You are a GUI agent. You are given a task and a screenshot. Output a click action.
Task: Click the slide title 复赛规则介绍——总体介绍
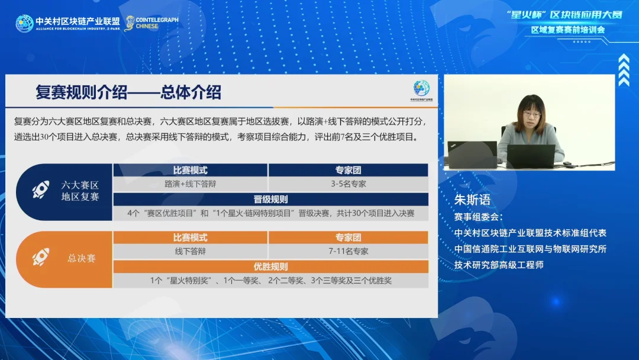tap(128, 92)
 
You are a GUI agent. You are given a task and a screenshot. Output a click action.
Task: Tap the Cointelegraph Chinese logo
tap(151, 23)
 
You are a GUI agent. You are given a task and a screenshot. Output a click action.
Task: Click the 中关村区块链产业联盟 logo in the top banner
tap(67, 23)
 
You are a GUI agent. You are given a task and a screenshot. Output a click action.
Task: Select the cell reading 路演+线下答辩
tap(191, 184)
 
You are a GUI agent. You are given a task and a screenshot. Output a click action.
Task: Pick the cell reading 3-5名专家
tap(348, 184)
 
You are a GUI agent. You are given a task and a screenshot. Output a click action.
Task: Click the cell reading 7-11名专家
tap(348, 252)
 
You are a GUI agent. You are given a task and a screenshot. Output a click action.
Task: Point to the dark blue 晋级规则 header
tap(270, 200)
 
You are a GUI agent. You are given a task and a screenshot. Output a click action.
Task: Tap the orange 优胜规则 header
tap(270, 266)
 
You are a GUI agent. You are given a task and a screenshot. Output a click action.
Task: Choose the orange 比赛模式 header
tap(191, 237)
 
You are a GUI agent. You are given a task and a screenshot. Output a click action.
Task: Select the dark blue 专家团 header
tap(348, 170)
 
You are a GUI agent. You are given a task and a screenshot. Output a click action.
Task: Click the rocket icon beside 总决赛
tap(41, 257)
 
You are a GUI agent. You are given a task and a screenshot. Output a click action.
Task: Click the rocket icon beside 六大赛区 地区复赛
tap(41, 189)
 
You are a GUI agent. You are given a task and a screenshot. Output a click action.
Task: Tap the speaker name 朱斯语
tap(472, 200)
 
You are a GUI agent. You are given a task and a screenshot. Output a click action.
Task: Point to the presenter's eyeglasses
tap(532, 114)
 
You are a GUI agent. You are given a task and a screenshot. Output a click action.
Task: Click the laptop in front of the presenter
tap(531, 156)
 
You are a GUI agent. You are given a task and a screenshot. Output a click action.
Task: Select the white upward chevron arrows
tap(624, 70)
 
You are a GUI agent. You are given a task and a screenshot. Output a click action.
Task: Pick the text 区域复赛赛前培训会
tap(567, 30)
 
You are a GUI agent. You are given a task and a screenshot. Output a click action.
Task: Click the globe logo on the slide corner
tap(421, 88)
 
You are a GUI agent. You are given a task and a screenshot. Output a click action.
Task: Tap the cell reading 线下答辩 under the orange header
tap(191, 252)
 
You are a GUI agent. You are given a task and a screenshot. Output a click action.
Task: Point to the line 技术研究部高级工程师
tap(499, 265)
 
